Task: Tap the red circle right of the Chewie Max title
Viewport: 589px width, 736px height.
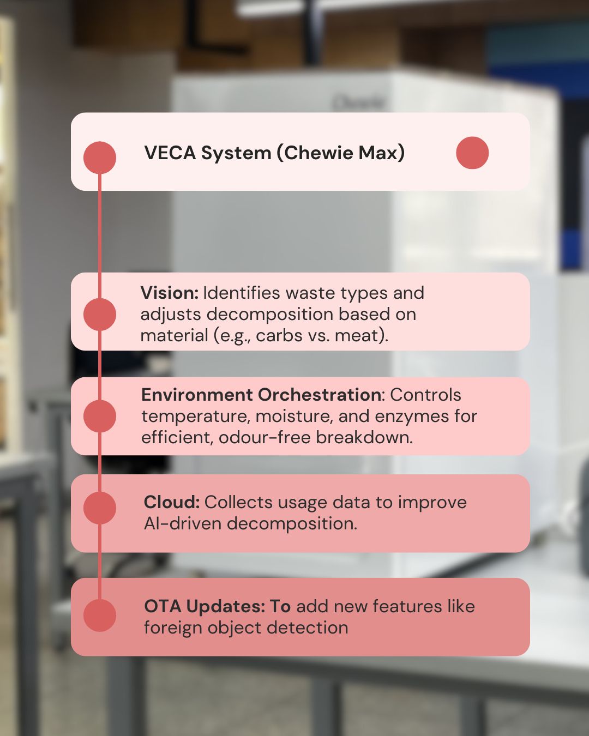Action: coord(472,153)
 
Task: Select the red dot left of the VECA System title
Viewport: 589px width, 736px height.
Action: coord(100,158)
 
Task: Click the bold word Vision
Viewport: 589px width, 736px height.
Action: coord(169,293)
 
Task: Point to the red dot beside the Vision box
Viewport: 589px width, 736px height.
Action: coord(100,314)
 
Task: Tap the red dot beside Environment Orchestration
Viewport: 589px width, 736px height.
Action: coord(100,416)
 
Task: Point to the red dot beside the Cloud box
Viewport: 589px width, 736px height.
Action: coord(100,508)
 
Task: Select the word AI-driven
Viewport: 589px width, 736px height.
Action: coord(183,523)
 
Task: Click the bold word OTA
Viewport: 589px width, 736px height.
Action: coord(162,606)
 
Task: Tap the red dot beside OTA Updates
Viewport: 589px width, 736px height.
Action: coord(100,615)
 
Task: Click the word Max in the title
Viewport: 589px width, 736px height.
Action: coord(381,153)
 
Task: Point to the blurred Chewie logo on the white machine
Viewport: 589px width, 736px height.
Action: coord(359,102)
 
